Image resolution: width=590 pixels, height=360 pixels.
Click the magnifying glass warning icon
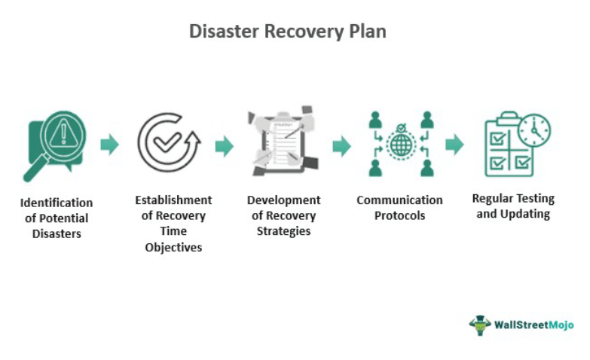(54, 143)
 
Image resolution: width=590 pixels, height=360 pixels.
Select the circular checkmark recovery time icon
(168, 142)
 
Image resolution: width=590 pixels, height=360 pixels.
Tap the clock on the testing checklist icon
(535, 130)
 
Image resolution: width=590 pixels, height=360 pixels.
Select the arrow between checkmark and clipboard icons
(224, 145)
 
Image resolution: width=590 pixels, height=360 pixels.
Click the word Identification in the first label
(57, 203)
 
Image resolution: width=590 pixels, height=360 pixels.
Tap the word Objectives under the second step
(173, 247)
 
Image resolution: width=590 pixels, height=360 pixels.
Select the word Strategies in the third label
(283, 230)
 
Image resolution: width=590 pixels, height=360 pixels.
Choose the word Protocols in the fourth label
(399, 215)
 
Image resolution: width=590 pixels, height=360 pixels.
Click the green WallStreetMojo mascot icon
(480, 325)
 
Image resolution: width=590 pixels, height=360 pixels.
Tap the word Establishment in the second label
(173, 200)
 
